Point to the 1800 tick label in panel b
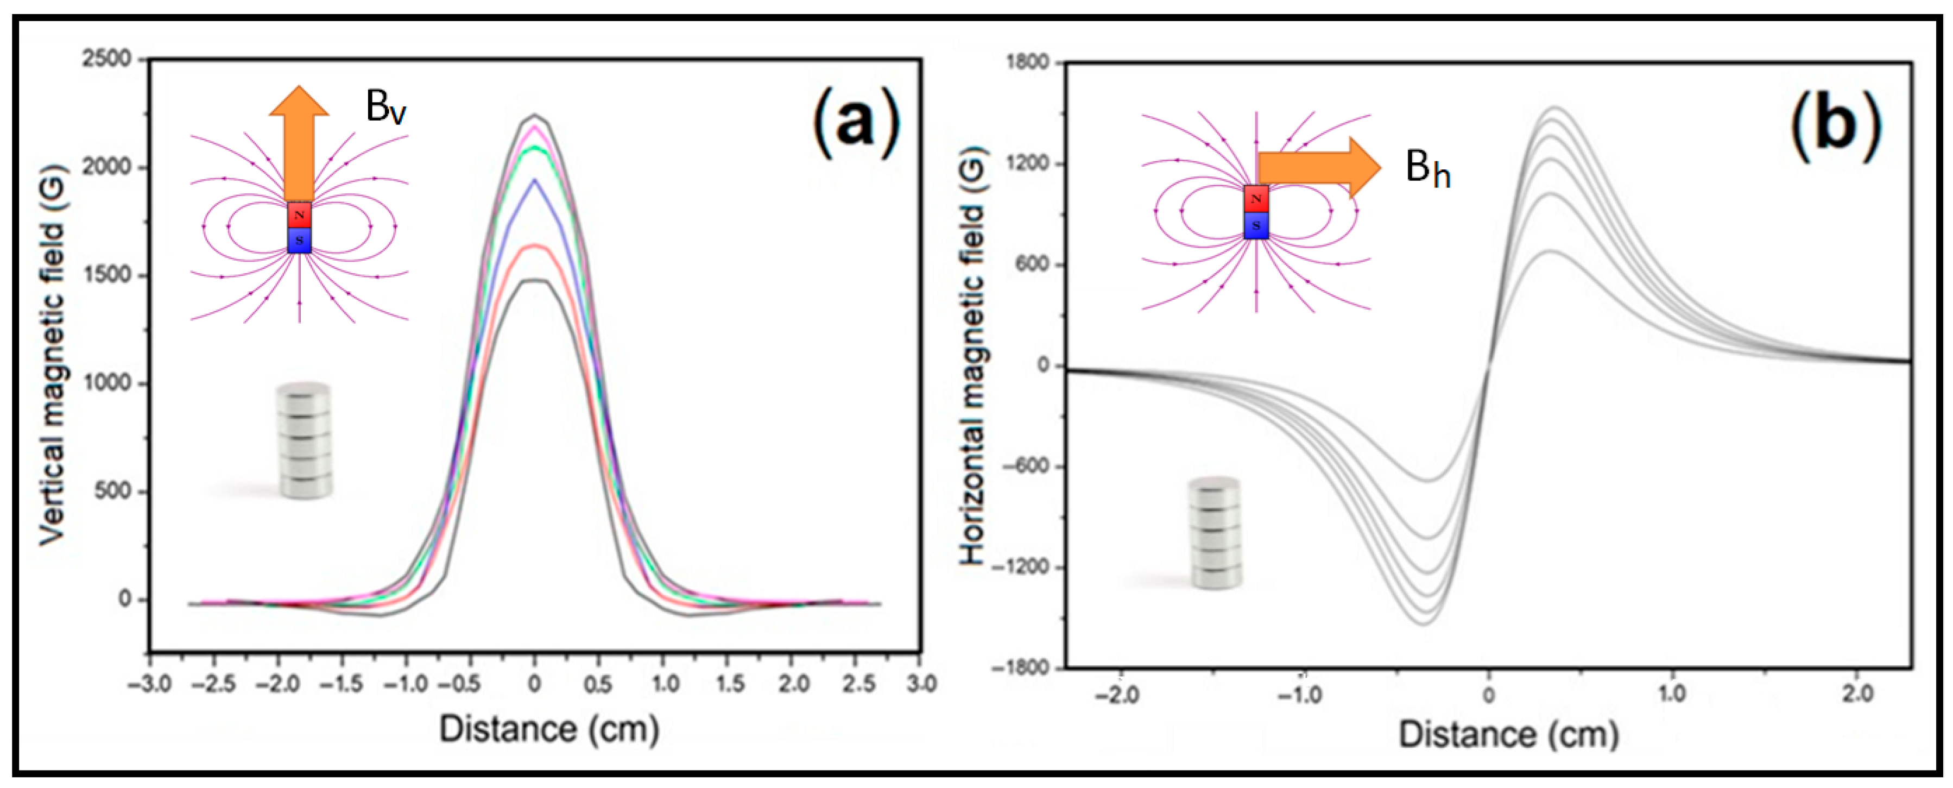point(1027,62)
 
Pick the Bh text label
point(1427,168)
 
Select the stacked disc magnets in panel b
point(1215,533)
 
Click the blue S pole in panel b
point(1256,225)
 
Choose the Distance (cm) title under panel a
point(549,729)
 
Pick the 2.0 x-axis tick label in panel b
point(1857,694)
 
